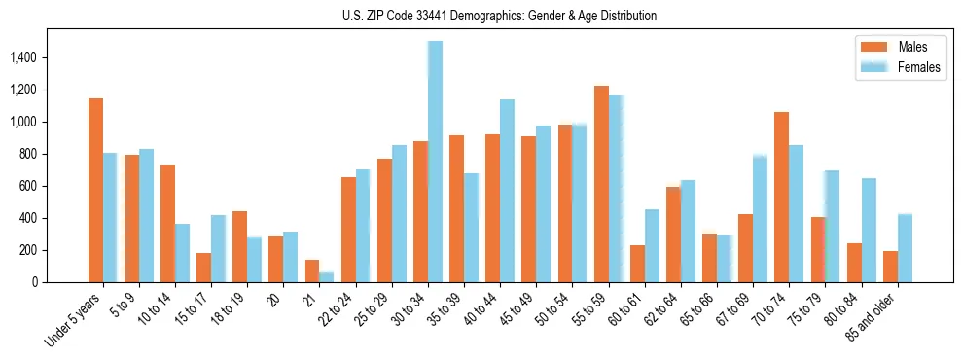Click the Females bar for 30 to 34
[435, 162]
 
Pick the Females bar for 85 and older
[905, 248]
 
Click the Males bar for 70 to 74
[781, 197]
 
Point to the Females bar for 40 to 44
[507, 191]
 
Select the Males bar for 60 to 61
[637, 264]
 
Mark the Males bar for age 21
[312, 270]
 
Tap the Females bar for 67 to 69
[760, 218]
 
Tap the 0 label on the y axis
[35, 282]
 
